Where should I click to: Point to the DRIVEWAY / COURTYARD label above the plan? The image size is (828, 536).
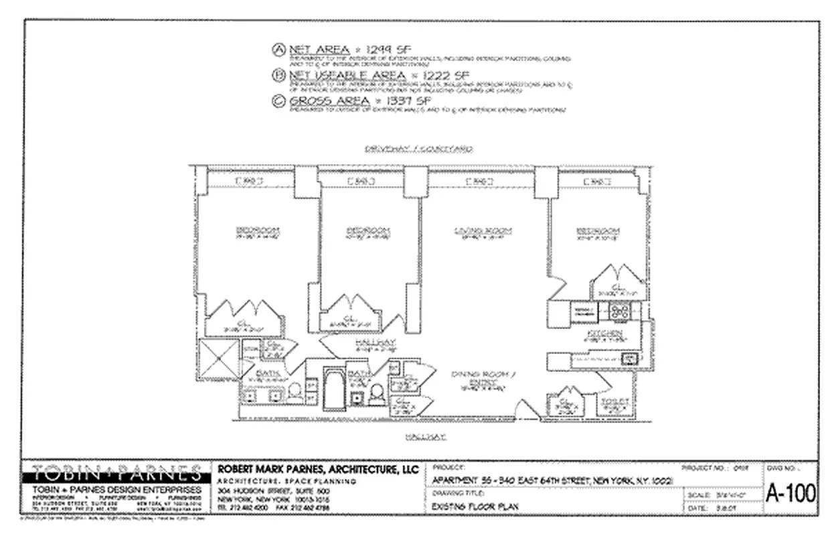[418, 149]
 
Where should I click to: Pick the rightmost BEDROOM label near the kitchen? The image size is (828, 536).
[598, 232]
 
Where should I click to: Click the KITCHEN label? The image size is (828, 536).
[604, 333]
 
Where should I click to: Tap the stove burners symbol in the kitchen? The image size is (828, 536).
[620, 310]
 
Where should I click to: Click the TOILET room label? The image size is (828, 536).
[615, 402]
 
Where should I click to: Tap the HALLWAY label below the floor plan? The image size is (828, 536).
[425, 436]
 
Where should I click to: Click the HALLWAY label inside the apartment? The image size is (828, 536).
[377, 342]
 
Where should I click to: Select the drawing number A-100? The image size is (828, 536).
[791, 494]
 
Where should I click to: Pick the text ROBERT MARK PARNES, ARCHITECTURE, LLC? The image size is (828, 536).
[319, 470]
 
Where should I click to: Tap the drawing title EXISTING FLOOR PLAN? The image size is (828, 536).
[476, 507]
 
